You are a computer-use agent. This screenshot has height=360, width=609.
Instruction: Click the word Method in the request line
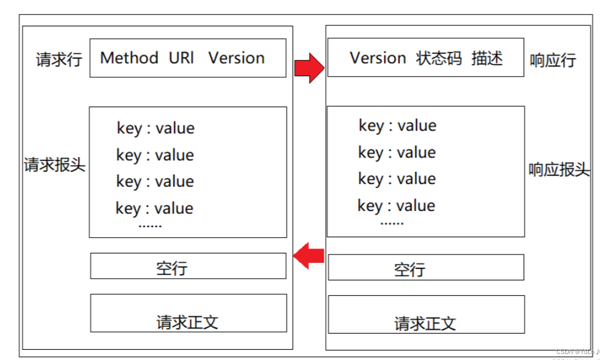pos(129,58)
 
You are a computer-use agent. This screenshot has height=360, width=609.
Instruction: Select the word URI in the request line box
pos(181,58)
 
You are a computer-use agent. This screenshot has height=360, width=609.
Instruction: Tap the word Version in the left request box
pos(237,58)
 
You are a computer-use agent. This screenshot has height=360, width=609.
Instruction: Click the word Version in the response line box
pos(378,58)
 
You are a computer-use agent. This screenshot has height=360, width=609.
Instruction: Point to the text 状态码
pos(440,58)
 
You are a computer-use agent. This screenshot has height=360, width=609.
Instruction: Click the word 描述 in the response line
pos(487,58)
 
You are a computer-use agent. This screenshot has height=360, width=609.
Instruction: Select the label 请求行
pos(59,59)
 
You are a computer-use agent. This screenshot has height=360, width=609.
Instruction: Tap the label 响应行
pos(553,60)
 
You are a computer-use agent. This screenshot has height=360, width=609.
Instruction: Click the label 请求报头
pos(54,165)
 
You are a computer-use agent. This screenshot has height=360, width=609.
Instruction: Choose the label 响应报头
pos(559,170)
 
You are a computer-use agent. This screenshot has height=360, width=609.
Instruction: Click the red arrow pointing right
pos(309,68)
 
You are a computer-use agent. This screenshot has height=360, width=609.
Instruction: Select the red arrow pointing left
pos(308,256)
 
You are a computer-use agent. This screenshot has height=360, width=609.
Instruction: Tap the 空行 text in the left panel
pos(172,268)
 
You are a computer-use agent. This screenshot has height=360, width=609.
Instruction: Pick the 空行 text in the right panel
pos(410,270)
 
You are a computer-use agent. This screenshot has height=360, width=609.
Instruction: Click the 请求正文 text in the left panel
pos(187,322)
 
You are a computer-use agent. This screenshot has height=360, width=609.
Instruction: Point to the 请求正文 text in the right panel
pos(425,323)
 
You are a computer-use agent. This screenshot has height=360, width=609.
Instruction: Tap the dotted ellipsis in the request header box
pos(150,226)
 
